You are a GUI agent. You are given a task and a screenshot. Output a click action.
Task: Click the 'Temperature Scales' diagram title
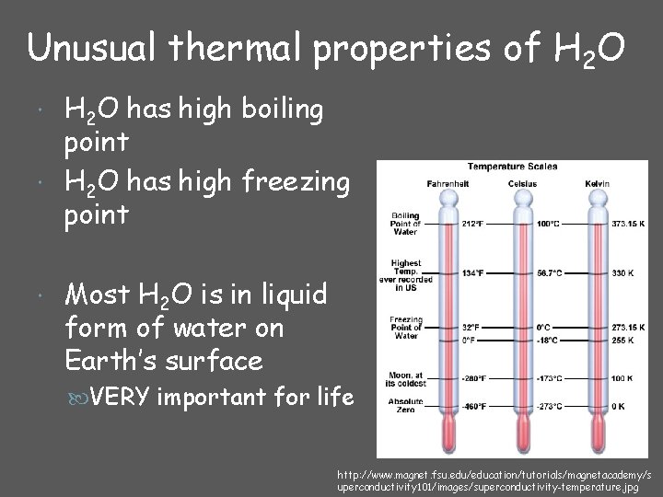click(x=513, y=167)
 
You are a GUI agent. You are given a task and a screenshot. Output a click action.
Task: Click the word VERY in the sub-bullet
click(x=122, y=399)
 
